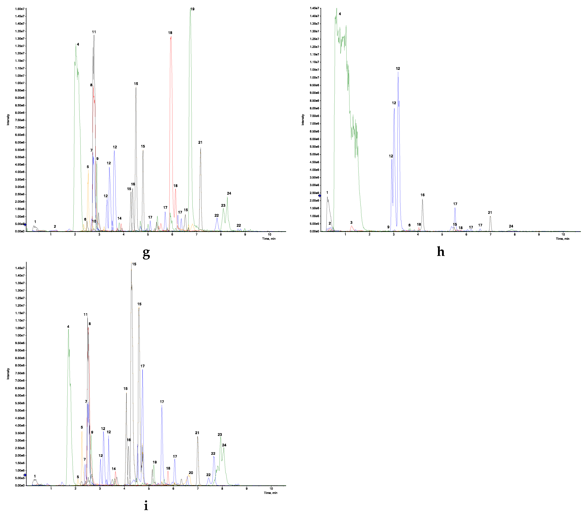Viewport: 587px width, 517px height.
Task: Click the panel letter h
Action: click(441, 252)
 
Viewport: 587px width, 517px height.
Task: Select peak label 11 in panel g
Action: click(94, 32)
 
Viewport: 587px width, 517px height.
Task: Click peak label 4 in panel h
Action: click(340, 14)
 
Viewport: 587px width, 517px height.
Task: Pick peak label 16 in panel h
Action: click(423, 195)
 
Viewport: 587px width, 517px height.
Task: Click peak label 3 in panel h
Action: click(351, 223)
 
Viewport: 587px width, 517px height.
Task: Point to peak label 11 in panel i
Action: click(86, 314)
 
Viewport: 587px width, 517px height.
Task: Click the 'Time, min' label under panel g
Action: click(269, 239)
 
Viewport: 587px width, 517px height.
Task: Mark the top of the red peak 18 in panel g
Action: click(171, 37)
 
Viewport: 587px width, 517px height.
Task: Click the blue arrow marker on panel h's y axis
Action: click(320, 196)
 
